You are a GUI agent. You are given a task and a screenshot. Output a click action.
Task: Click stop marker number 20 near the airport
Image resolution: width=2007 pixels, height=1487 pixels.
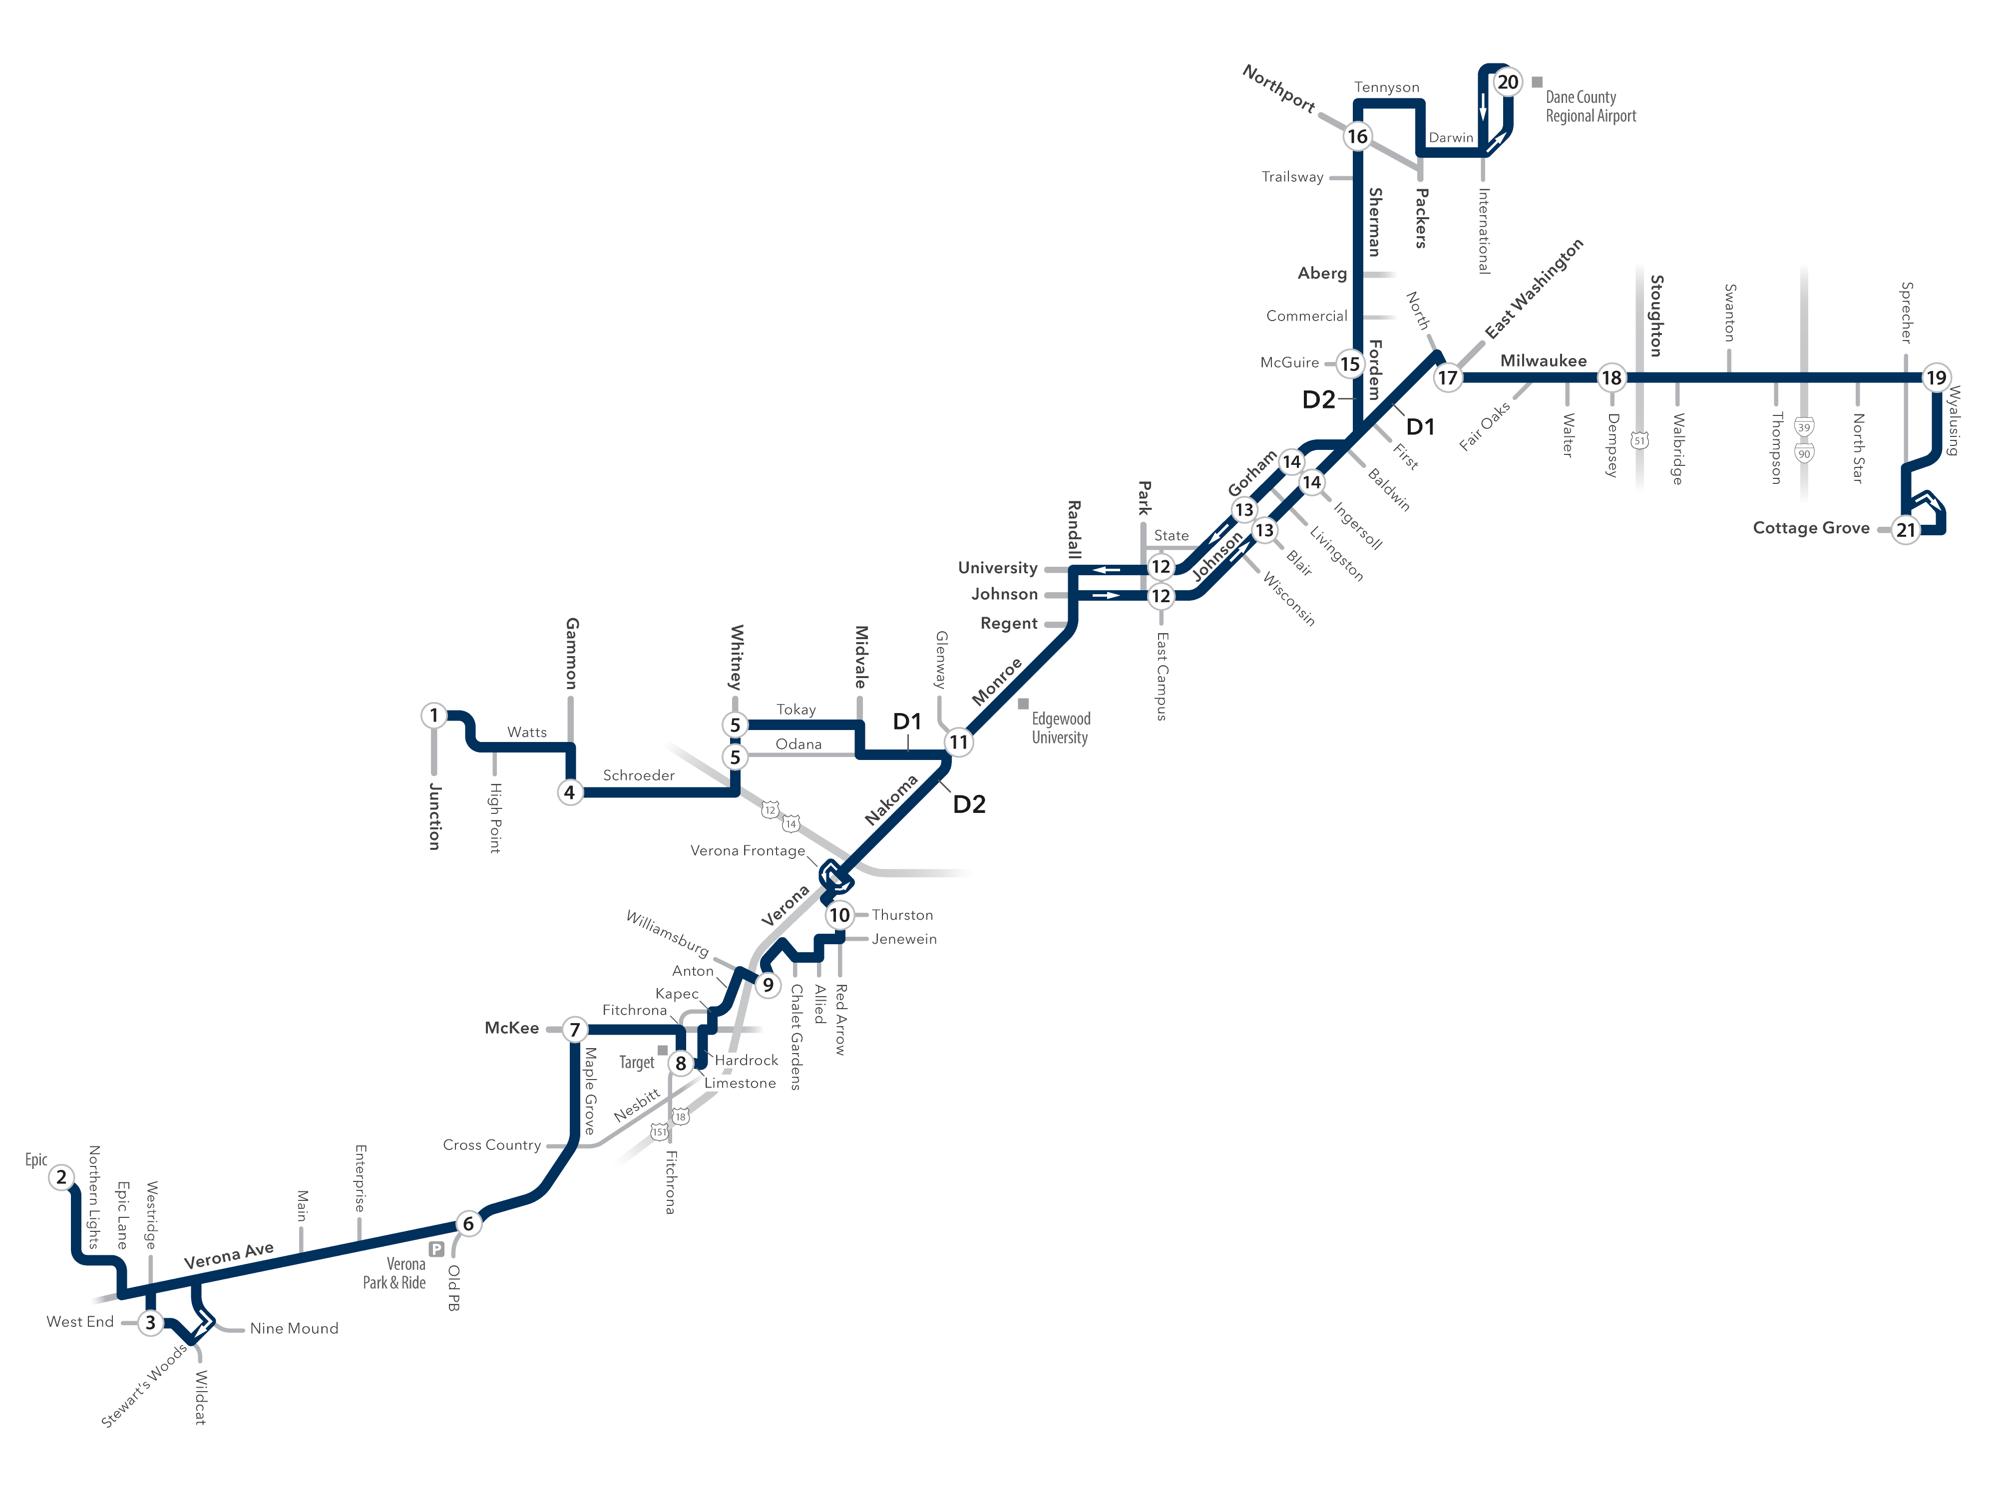click(1508, 82)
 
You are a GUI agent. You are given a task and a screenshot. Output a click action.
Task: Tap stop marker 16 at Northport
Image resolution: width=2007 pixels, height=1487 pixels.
click(1357, 136)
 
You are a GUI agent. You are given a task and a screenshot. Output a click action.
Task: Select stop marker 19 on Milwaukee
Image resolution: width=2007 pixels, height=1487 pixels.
click(1936, 377)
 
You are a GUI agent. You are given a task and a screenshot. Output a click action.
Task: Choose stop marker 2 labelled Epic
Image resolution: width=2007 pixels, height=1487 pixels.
click(61, 1176)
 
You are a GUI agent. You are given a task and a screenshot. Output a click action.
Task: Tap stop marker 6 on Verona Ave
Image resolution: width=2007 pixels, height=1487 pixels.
click(468, 1223)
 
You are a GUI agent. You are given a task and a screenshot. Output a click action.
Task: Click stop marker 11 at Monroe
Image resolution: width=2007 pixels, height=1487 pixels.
click(958, 742)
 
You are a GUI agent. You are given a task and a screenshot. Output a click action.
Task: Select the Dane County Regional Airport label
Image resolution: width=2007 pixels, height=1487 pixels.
click(1591, 106)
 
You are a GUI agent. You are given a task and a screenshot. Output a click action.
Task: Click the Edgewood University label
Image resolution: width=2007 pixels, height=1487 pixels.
click(1060, 728)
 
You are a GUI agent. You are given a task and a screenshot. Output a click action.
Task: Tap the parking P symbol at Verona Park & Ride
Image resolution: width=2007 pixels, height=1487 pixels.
click(436, 1248)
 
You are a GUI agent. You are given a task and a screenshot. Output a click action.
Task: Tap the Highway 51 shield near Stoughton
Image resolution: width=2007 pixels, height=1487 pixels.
click(1640, 440)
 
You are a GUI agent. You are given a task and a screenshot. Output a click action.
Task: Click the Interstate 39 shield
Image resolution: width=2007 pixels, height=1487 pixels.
click(1804, 426)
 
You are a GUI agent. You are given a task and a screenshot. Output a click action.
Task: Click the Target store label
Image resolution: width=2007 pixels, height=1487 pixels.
click(636, 1062)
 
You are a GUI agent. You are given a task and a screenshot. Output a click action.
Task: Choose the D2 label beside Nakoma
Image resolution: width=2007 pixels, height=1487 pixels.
click(969, 804)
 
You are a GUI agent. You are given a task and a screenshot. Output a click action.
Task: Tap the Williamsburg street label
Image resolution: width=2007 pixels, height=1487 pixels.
click(667, 933)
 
